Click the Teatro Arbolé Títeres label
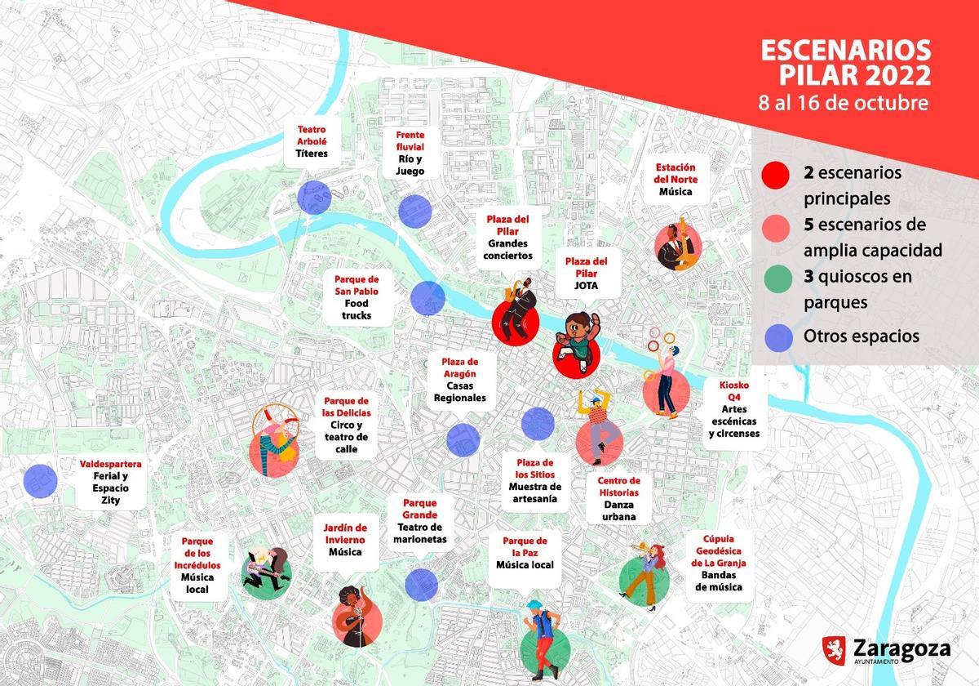312,141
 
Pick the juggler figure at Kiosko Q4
665,380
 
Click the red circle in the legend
773,175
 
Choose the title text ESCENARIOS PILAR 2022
845,62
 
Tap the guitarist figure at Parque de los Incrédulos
265,572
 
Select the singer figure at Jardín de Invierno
356,617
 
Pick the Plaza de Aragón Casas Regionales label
459,381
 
